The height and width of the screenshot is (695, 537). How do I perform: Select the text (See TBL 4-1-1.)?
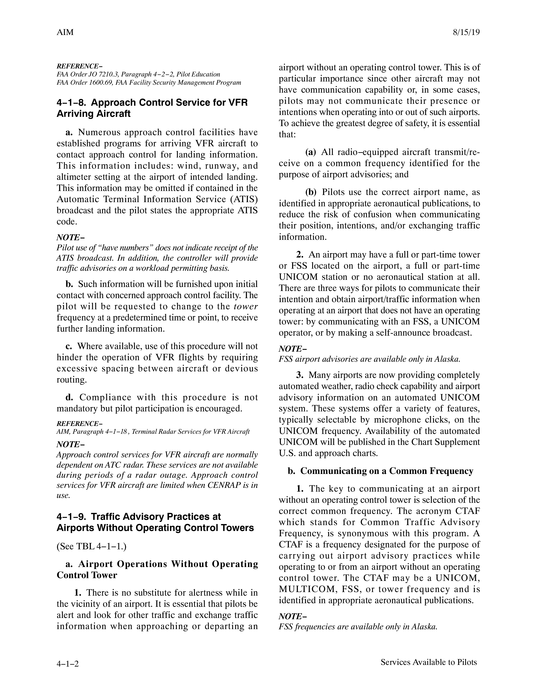point(92,546)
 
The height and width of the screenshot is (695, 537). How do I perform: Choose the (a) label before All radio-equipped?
point(310,152)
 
